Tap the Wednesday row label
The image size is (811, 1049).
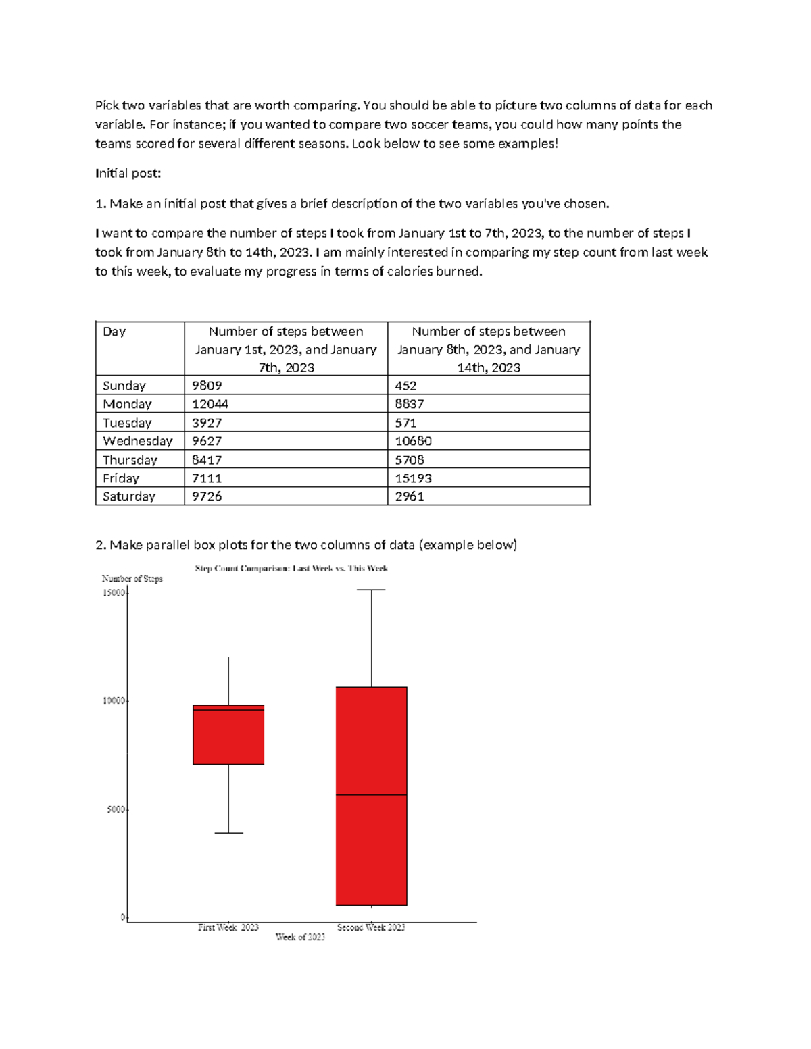138,441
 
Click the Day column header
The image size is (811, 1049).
114,332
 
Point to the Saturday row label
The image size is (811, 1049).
129,496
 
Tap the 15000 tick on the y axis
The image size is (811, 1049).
114,593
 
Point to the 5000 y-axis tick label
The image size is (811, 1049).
116,809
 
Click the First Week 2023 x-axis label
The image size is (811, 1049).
228,927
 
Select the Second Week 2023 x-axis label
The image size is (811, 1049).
371,927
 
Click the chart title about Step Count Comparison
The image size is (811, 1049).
291,569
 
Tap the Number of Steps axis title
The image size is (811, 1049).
132,579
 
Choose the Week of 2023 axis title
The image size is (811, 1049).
300,937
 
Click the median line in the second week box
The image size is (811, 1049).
371,795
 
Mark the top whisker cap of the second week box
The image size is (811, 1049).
371,590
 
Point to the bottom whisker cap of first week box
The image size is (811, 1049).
228,833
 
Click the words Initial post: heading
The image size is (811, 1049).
128,174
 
